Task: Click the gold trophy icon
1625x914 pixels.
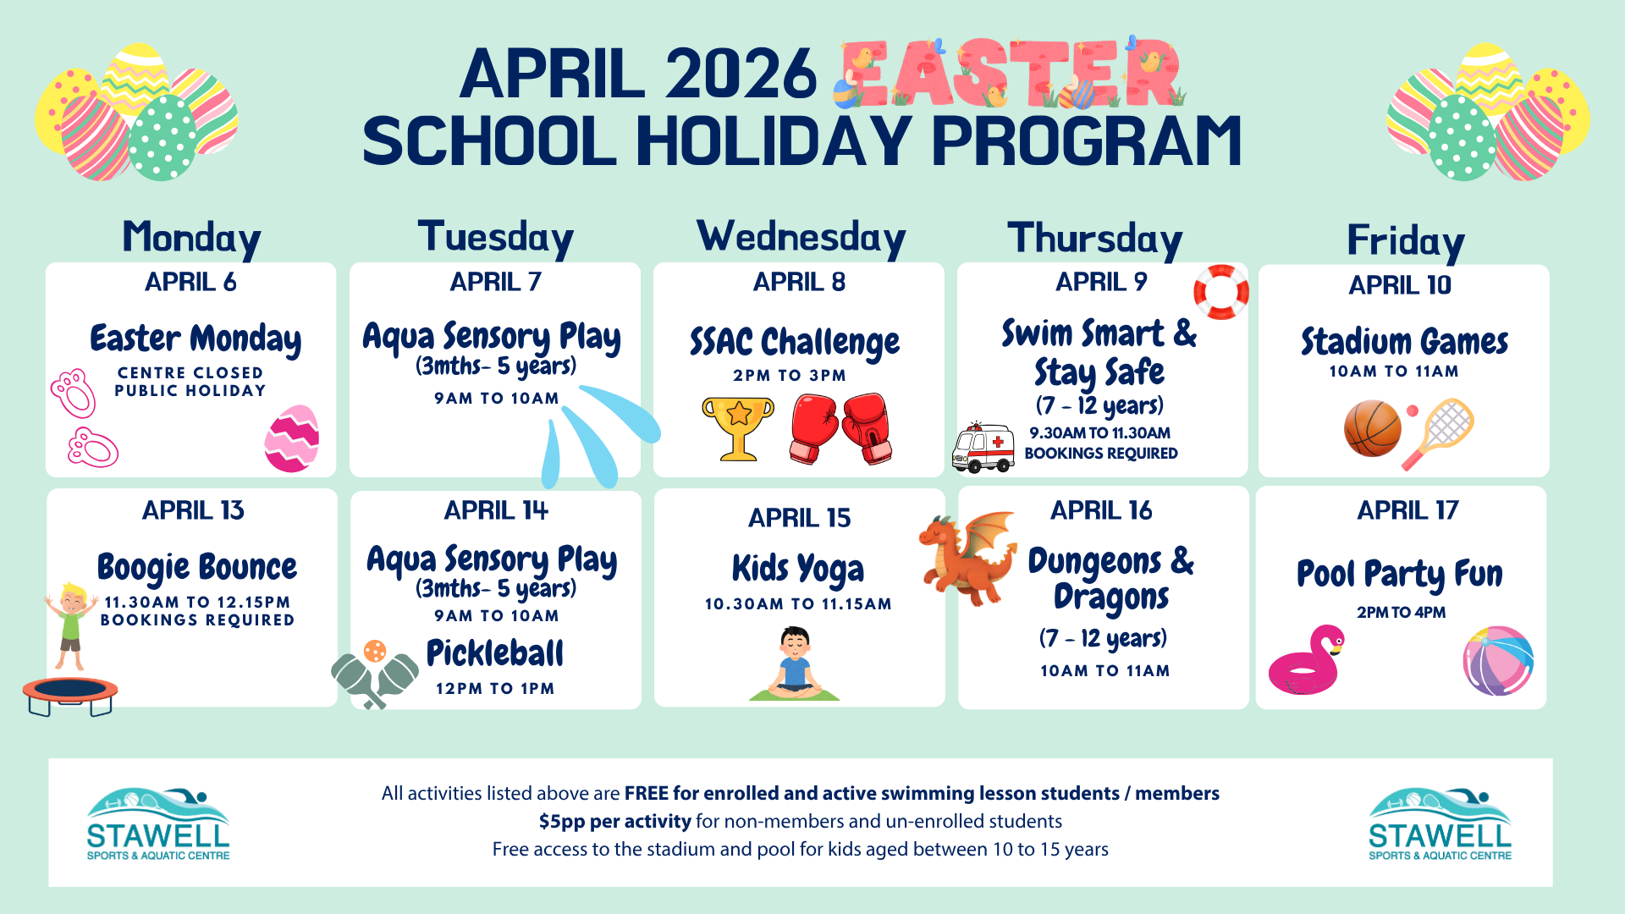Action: click(x=738, y=427)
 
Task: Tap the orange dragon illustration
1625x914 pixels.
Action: click(x=967, y=559)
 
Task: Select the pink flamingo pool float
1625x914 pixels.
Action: click(x=1306, y=661)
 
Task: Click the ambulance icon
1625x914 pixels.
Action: click(x=983, y=447)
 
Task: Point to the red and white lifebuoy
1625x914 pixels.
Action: click(x=1220, y=292)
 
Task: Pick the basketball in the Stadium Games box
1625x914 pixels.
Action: click(x=1372, y=428)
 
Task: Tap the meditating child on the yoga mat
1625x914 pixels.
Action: click(x=794, y=664)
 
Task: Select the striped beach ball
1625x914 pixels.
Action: click(x=1498, y=661)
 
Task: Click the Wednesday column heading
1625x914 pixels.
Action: click(x=801, y=238)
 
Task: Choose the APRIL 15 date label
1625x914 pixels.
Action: click(x=799, y=518)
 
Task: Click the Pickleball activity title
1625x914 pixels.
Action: click(x=494, y=653)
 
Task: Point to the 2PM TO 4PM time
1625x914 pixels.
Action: click(x=1401, y=613)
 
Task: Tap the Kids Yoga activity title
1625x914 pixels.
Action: click(x=798, y=570)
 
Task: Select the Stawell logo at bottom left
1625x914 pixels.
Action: click(x=158, y=825)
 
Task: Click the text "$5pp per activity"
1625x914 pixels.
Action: click(x=615, y=821)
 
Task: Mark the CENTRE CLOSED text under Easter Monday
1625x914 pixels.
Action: click(x=190, y=372)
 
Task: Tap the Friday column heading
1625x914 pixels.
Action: click(x=1405, y=241)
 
